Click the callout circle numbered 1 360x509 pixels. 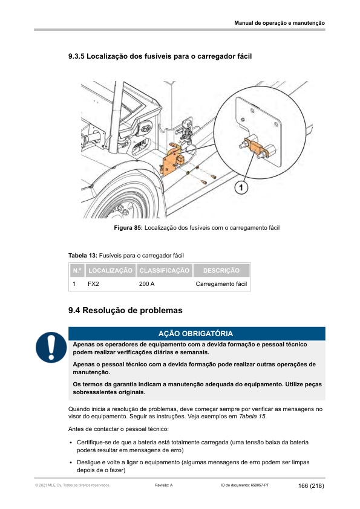tap(241, 187)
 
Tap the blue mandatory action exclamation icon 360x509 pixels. tap(51, 347)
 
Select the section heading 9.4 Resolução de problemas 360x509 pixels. tap(125, 310)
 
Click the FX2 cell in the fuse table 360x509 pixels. tap(93, 284)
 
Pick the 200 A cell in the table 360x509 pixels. tap(147, 284)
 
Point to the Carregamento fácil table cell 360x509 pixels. tap(221, 284)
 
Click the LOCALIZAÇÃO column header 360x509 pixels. tap(111, 270)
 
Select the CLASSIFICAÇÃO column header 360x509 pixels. tap(165, 270)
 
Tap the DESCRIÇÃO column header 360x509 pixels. tap(221, 270)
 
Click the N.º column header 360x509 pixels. tap(77, 270)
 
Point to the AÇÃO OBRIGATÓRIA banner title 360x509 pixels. tap(195, 334)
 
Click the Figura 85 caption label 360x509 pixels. tap(128, 228)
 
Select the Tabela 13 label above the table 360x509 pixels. tap(82, 256)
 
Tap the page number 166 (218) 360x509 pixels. tap(311, 486)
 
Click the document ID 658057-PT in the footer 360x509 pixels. tap(245, 485)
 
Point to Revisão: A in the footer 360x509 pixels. tap(164, 485)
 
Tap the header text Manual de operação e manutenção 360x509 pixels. tap(280, 23)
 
